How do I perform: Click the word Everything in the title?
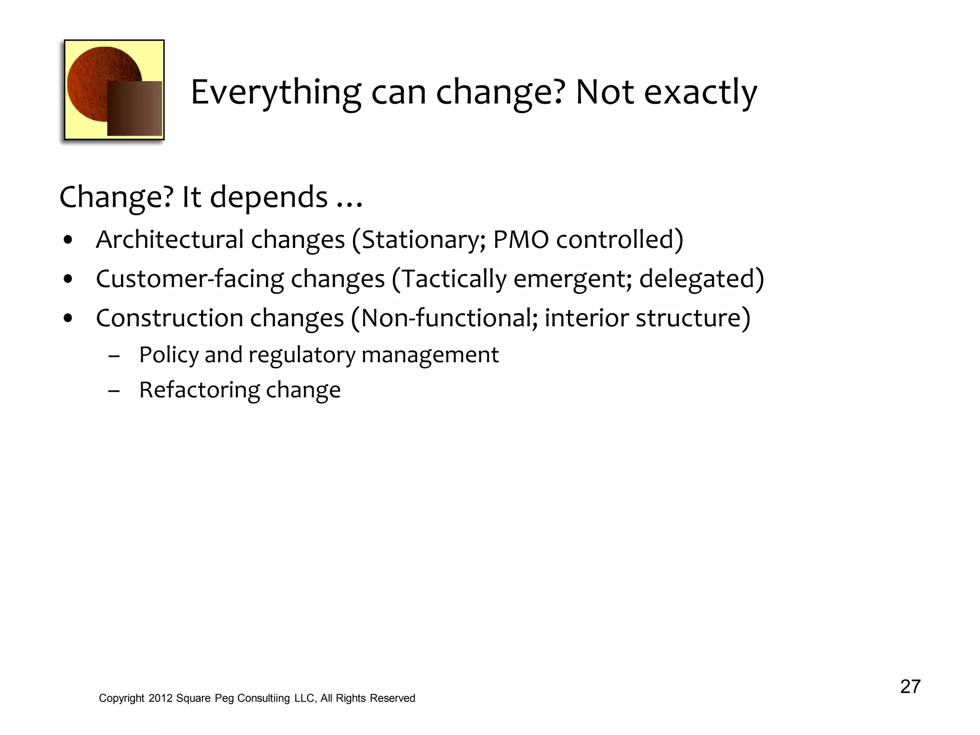click(x=276, y=93)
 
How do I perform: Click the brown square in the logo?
click(x=134, y=108)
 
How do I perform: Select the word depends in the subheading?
click(x=268, y=197)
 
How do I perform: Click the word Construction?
click(x=169, y=318)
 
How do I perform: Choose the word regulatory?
click(x=302, y=356)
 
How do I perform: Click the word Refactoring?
click(x=199, y=390)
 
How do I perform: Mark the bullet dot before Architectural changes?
click(x=68, y=240)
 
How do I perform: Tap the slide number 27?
click(x=910, y=687)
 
